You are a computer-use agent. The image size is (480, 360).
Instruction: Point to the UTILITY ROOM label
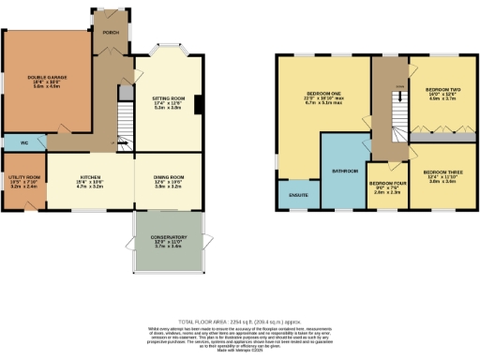pos(23,177)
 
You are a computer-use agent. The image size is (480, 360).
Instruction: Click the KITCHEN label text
pos(91,176)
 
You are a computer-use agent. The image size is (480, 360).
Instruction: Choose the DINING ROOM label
pos(169,176)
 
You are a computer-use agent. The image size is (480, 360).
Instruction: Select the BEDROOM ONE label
pos(322,96)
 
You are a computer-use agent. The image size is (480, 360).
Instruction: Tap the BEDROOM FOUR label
pos(385,184)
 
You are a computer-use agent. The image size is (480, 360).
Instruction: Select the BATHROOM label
pos(345,171)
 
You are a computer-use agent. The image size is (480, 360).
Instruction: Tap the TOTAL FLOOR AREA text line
pos(239,321)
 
